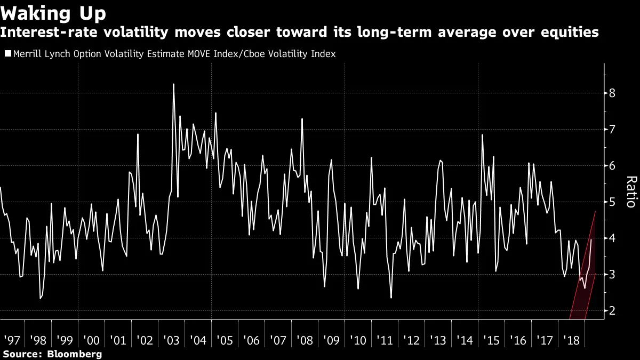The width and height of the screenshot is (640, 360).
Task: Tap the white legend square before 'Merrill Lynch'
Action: point(8,54)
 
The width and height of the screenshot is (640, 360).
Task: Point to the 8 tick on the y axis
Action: point(612,93)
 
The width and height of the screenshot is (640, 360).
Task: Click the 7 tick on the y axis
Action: point(612,130)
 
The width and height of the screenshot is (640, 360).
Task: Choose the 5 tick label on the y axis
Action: point(612,202)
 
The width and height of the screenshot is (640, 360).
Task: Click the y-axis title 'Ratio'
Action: point(630,191)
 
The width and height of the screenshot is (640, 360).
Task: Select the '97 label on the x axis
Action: point(11,340)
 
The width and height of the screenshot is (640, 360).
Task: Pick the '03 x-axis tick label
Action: point(171,340)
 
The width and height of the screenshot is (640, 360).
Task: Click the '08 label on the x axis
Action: point(305,340)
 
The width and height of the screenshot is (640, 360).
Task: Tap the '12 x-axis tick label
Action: point(411,340)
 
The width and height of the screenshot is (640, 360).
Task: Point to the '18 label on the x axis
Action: point(571,340)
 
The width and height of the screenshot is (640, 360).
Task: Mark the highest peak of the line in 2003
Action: point(174,84)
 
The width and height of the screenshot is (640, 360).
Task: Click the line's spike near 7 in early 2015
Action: point(482,135)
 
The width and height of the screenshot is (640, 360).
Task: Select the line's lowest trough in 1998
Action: point(40,298)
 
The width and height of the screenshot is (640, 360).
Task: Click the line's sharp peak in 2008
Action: point(302,119)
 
